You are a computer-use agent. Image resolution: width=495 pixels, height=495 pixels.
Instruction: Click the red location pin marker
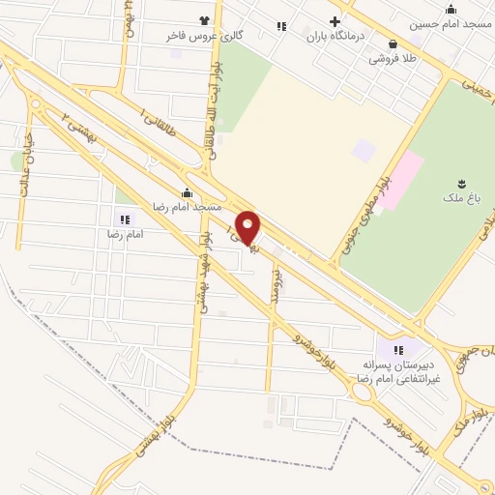coord(248,228)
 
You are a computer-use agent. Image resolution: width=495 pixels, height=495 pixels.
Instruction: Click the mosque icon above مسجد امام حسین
coord(451,9)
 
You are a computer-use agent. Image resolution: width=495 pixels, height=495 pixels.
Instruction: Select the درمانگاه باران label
coord(335,38)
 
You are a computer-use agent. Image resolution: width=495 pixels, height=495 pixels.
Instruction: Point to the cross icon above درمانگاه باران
coord(335,22)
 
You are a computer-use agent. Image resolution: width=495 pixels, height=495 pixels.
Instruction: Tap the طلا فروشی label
coord(392,58)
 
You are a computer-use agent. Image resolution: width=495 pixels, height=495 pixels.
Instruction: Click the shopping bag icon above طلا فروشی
coord(393,44)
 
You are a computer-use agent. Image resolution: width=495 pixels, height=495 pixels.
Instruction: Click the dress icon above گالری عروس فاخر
coord(204,20)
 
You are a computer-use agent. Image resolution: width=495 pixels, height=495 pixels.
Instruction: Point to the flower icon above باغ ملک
coord(459,183)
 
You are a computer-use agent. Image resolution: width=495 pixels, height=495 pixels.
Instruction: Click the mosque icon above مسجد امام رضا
coord(186,193)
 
